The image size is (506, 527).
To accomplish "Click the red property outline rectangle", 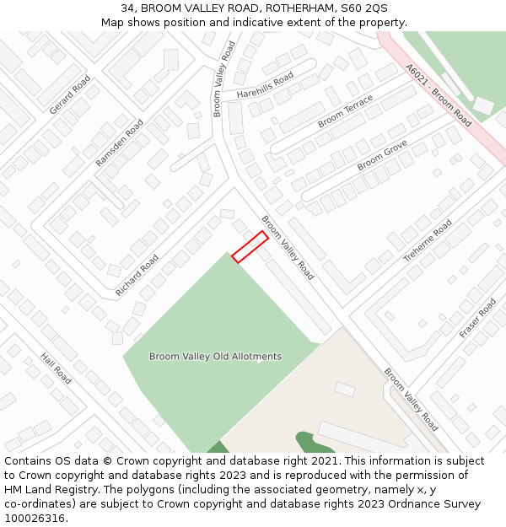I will point(250,247).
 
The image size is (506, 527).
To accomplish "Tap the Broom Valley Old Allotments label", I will point(215,357).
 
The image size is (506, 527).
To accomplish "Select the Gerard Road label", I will point(69,94).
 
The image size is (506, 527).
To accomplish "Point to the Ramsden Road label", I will point(119,142).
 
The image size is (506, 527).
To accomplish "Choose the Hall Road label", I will point(56,368).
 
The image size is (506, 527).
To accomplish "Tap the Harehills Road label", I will point(265,85).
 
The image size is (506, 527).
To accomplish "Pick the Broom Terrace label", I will point(345,111).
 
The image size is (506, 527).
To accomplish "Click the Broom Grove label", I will point(382,155).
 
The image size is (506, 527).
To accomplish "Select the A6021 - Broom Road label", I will point(438,94).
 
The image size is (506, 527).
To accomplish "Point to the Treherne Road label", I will point(428,240).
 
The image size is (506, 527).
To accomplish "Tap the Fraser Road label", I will point(477,318).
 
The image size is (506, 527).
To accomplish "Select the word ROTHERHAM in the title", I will point(287,8).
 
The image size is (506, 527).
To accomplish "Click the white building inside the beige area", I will point(345,389).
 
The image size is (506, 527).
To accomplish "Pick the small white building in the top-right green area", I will point(483,106).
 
